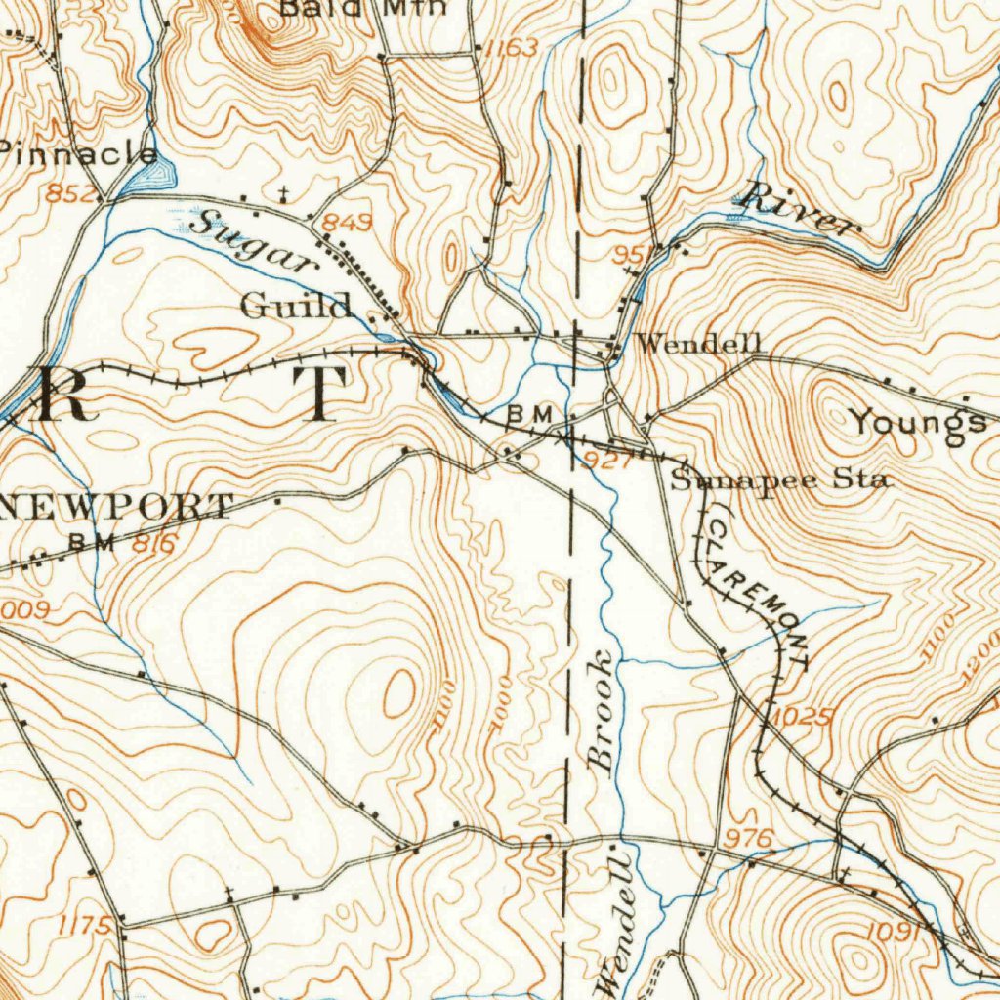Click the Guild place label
pyautogui.click(x=296, y=307)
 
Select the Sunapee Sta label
pyautogui.click(x=778, y=480)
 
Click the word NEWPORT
pyautogui.click(x=117, y=507)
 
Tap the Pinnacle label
pyautogui.click(x=78, y=154)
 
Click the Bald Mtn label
pyautogui.click(x=363, y=8)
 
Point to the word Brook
pyautogui.click(x=603, y=710)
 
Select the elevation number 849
pyautogui.click(x=349, y=224)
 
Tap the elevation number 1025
pyautogui.click(x=804, y=718)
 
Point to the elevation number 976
pyautogui.click(x=750, y=839)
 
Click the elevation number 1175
pyautogui.click(x=84, y=924)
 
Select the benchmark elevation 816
pyautogui.click(x=153, y=545)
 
